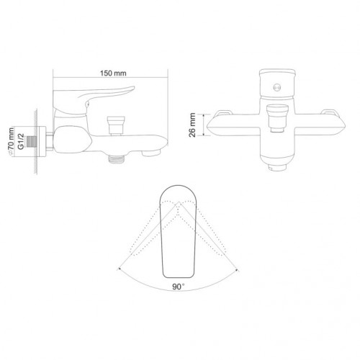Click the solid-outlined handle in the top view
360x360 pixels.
179,230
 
